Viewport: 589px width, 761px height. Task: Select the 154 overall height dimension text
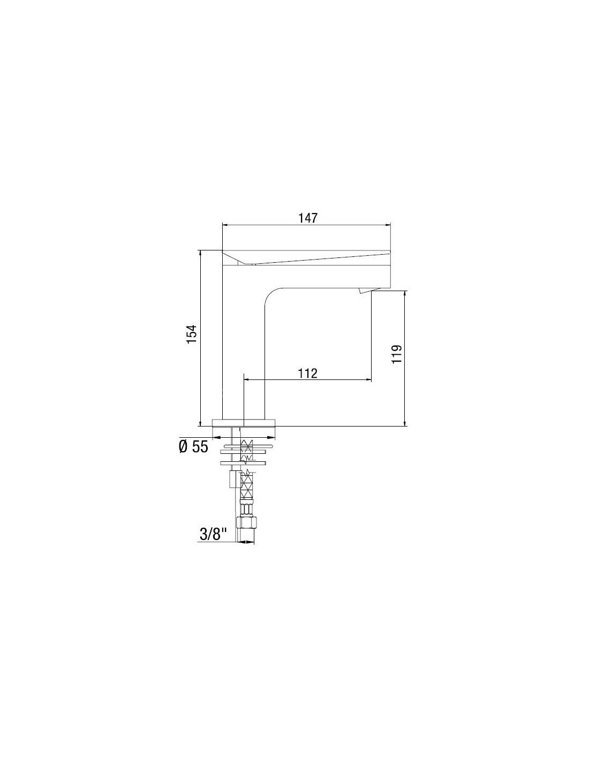[192, 334]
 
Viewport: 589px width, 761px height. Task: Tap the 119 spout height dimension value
[396, 354]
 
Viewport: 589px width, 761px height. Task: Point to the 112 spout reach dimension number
[308, 374]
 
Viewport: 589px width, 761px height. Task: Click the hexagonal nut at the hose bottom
[245, 523]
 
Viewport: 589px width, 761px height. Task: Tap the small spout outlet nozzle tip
[365, 291]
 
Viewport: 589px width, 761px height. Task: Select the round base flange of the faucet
[244, 422]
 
